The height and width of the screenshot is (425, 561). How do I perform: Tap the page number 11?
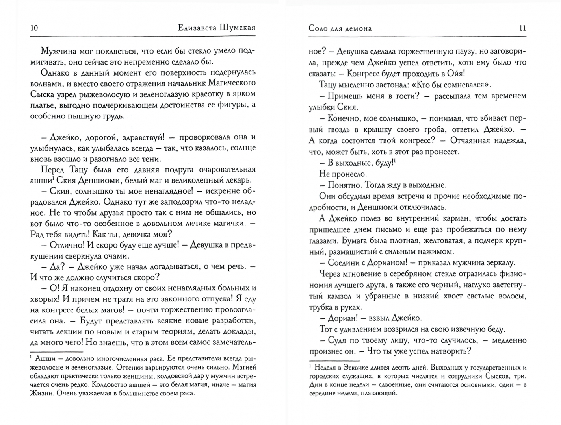(522, 28)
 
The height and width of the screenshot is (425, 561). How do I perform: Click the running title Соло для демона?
(340, 28)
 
